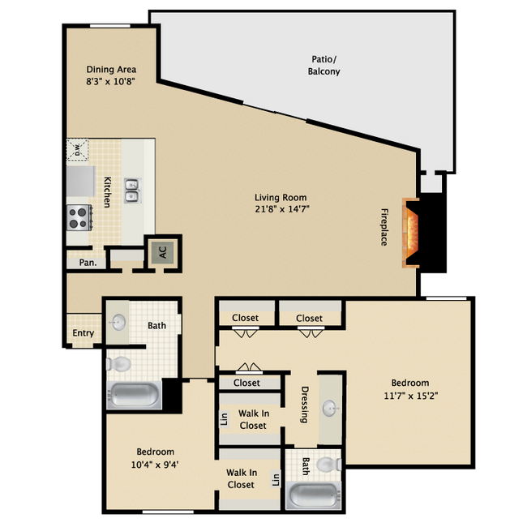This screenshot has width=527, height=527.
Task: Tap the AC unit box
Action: (162, 251)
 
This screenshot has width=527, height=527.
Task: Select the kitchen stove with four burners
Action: (79, 217)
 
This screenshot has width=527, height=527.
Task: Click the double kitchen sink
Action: (131, 191)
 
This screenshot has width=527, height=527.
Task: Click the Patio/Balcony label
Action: (325, 66)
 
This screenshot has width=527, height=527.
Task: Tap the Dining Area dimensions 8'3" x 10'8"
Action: (111, 82)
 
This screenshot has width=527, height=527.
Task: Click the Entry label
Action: (83, 333)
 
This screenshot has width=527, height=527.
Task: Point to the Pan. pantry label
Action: (88, 263)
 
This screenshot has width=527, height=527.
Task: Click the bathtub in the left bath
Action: (135, 396)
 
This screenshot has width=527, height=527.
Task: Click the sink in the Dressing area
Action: (331, 407)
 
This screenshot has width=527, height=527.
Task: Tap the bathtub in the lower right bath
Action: (313, 495)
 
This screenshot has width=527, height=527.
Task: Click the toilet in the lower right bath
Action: (328, 465)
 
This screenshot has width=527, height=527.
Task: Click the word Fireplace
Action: (383, 227)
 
